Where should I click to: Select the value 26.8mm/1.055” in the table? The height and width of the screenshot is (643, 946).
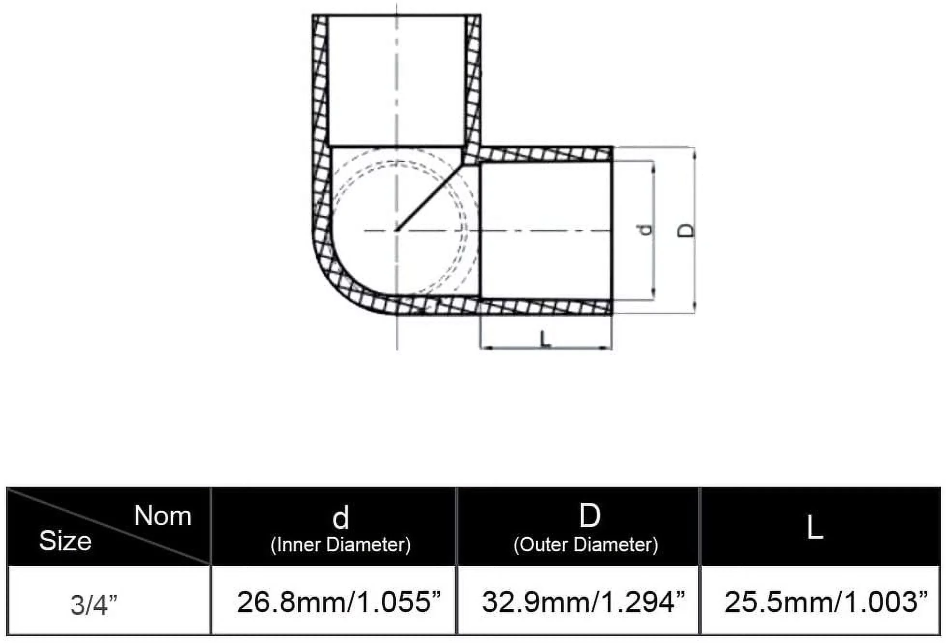coord(339,602)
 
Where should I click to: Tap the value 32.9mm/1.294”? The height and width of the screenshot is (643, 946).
coord(584,602)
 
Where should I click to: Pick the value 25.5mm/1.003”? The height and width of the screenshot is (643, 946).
coord(826,602)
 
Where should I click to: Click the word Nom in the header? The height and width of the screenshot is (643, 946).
coord(163,516)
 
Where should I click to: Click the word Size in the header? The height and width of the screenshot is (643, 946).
coord(65,541)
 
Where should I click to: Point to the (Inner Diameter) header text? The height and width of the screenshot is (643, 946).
coord(341,545)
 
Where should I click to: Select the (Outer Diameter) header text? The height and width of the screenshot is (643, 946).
coord(586,545)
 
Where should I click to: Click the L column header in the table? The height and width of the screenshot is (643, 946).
coord(815,528)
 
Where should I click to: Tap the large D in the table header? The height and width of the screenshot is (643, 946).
coord(590,516)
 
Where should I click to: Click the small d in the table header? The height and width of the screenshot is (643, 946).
coord(341,518)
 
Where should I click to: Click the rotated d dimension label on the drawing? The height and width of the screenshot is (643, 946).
coord(645,230)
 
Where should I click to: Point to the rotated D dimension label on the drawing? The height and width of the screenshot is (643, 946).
coord(686,231)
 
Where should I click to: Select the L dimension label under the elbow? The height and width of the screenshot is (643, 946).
coord(545,338)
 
